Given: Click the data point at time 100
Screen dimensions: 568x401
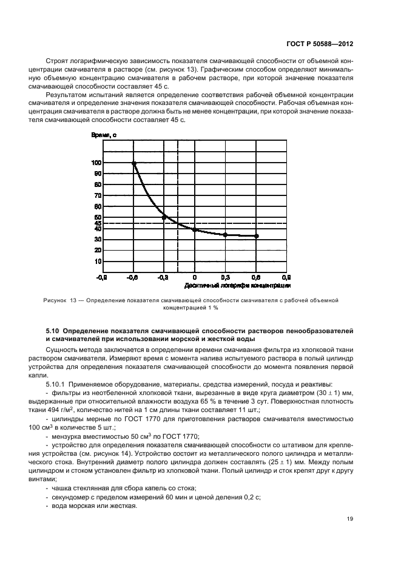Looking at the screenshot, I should tap(134, 163).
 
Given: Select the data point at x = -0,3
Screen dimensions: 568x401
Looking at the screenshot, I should tap(164, 217).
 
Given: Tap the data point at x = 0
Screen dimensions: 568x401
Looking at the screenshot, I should tap(195, 229).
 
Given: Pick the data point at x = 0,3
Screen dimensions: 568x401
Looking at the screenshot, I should tap(225, 235).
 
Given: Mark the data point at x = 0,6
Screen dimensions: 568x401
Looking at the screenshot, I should tap(256, 236).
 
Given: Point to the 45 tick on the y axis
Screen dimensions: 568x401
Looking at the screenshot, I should tap(98, 223).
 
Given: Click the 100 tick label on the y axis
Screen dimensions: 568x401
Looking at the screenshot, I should tap(96, 163).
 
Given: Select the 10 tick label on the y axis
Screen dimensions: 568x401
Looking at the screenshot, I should tap(98, 262).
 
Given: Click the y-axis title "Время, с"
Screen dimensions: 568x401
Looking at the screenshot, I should tap(104, 135).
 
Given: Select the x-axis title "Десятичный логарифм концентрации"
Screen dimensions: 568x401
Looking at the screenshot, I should tap(234, 285).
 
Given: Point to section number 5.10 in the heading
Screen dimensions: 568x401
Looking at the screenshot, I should tap(53, 330).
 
